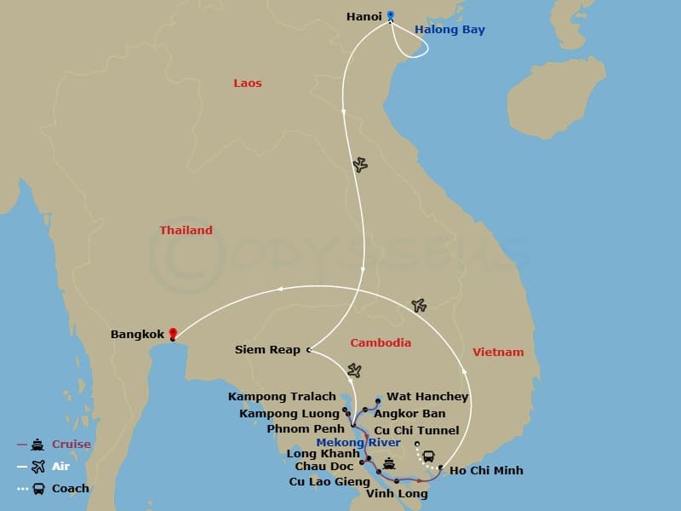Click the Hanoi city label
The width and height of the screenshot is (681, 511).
click(364, 16)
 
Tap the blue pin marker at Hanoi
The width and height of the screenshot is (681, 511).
click(391, 14)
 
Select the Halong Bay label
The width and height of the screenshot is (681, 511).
click(449, 30)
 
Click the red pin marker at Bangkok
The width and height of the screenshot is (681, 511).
click(173, 333)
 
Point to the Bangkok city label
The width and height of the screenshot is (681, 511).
click(137, 335)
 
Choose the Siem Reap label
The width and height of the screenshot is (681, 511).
click(267, 349)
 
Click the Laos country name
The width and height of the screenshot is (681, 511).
click(248, 83)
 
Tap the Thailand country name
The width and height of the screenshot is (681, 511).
click(186, 231)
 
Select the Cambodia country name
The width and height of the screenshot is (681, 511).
click(381, 343)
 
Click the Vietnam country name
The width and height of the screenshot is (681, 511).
click(499, 352)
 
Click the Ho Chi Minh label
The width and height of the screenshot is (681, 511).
click(486, 471)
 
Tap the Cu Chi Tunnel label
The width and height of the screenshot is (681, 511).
click(416, 430)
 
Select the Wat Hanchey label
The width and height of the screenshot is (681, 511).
click(427, 397)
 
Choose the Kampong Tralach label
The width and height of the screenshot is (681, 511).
click(282, 397)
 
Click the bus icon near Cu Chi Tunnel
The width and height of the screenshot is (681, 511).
click(428, 456)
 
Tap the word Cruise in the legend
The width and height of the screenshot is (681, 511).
click(72, 445)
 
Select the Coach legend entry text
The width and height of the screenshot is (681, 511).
click(71, 489)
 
